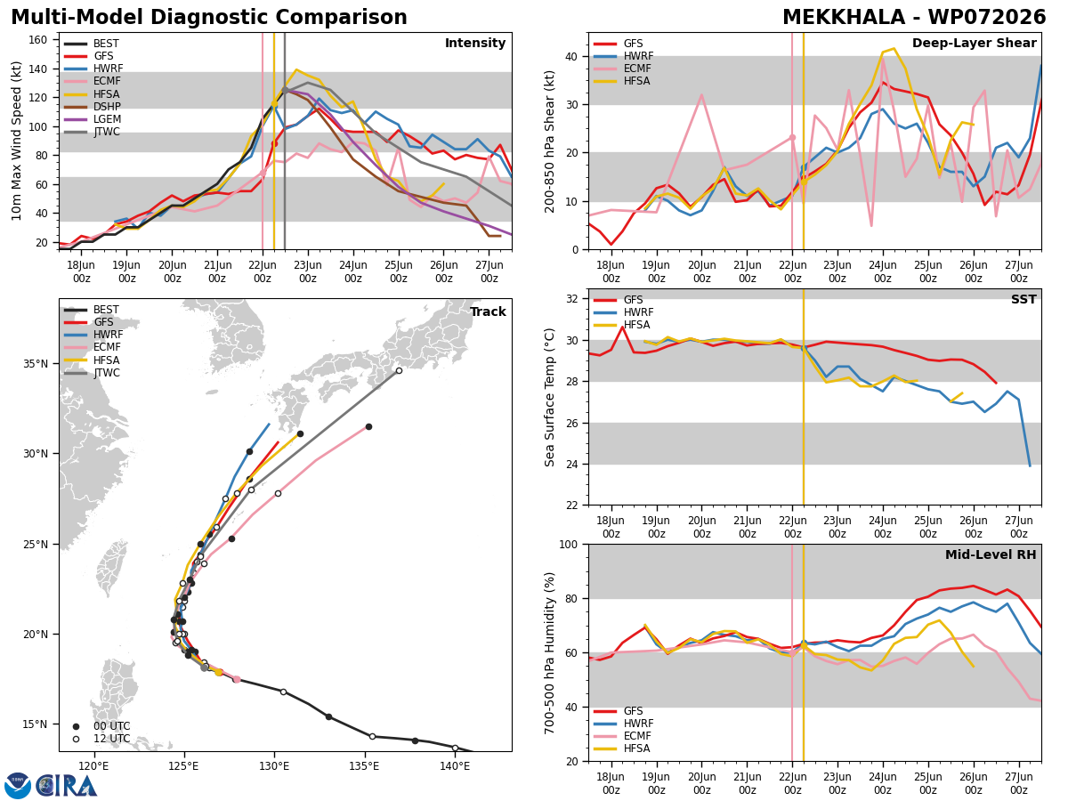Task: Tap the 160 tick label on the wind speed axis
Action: click(x=37, y=40)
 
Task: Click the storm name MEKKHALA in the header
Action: click(x=844, y=18)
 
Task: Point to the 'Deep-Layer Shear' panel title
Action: click(x=974, y=44)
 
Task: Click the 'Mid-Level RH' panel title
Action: click(x=991, y=554)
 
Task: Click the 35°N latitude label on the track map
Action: click(x=36, y=364)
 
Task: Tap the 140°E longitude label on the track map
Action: click(x=455, y=766)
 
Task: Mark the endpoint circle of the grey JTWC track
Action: click(x=399, y=371)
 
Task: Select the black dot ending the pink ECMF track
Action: click(x=368, y=427)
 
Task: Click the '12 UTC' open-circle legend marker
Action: click(x=76, y=740)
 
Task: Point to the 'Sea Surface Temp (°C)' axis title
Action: click(x=549, y=397)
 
